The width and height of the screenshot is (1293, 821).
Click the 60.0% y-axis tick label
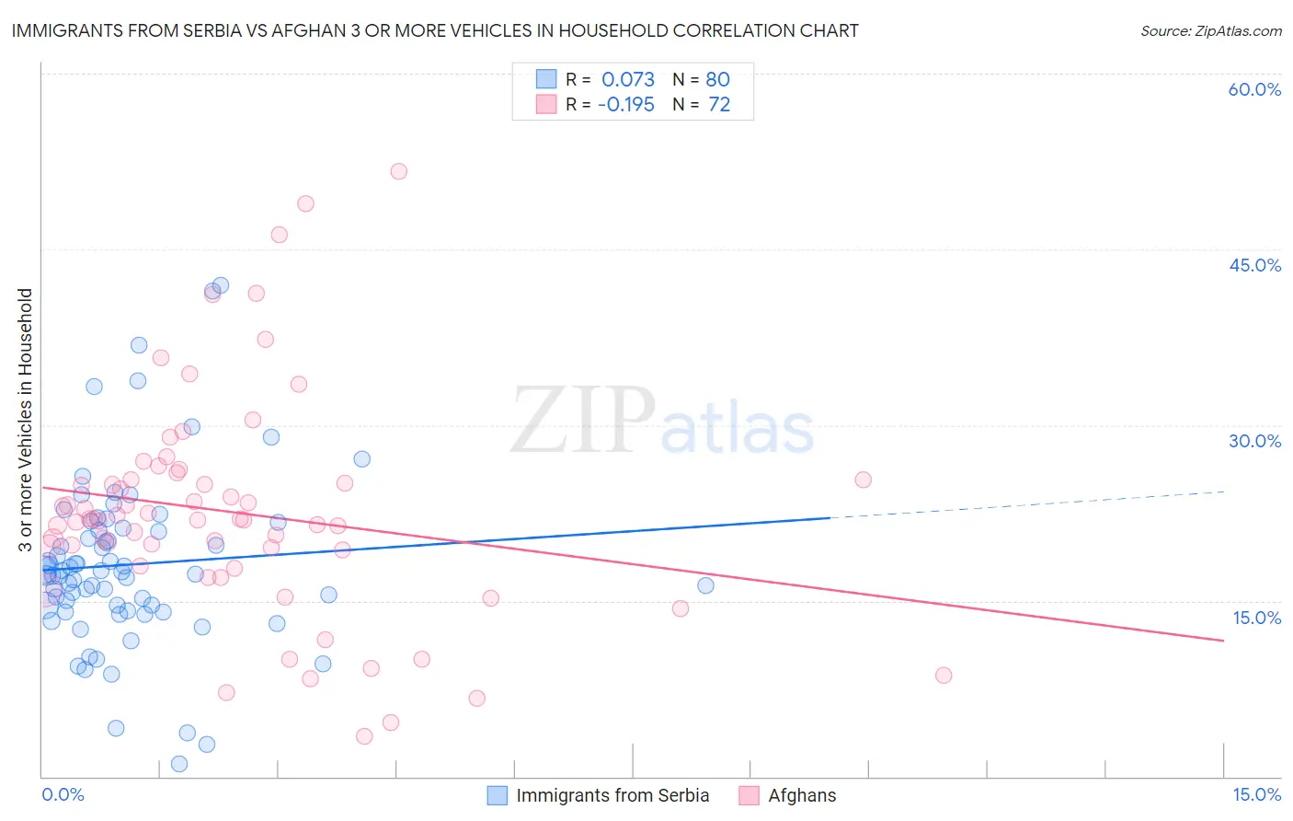point(1254,89)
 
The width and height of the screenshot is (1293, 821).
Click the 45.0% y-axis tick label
point(1254,265)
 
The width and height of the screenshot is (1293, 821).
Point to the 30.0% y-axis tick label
point(1254,441)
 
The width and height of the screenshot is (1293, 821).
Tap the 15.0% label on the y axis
point(1256,618)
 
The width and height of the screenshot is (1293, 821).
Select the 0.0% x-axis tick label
point(63,794)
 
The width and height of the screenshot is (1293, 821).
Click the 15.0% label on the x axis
point(1256,794)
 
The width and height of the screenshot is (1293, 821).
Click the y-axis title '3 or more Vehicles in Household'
point(25,420)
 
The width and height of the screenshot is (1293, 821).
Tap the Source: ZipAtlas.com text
point(1210,30)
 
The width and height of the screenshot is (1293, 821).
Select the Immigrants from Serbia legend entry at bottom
point(612,795)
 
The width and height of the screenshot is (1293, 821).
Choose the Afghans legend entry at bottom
point(802,795)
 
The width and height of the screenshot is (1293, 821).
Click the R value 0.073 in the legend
point(628,79)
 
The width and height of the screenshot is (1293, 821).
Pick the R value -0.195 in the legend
point(626,104)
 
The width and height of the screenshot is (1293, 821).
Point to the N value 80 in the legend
point(717,79)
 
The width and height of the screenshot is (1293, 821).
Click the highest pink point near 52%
point(398,171)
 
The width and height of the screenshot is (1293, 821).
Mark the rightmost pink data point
point(943,676)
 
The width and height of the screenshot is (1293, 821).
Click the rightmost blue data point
point(705,585)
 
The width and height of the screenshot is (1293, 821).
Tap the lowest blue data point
point(179,764)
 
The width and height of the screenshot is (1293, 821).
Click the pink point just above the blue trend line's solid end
point(863,480)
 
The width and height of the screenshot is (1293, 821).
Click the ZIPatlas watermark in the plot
point(662,422)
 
